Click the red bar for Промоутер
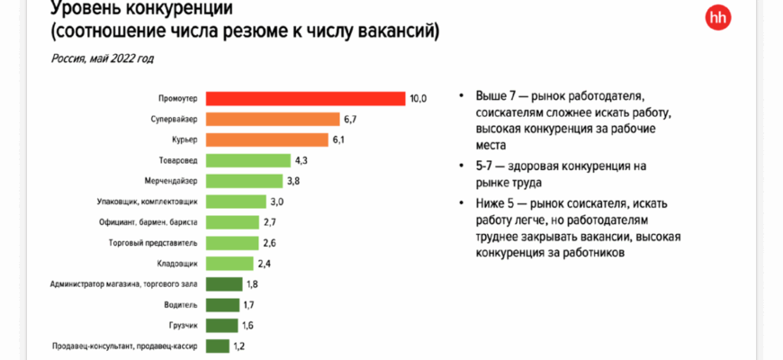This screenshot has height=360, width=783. click(x=305, y=98)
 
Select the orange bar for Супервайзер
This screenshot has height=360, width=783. click(x=272, y=119)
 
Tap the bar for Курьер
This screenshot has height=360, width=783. click(x=266, y=139)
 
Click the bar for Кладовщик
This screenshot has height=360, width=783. click(x=229, y=263)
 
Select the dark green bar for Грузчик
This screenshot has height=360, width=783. click(x=221, y=325)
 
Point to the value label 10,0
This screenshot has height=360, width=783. click(x=418, y=98)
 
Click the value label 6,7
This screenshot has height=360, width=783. click(x=352, y=119)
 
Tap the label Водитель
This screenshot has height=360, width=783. click(x=182, y=304)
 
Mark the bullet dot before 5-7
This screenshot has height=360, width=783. click(x=461, y=167)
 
